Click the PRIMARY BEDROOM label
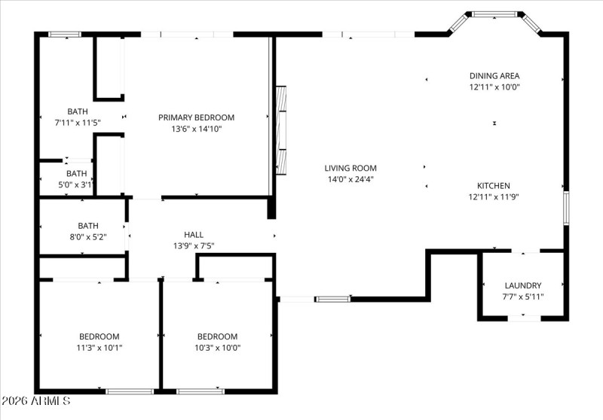click(x=196, y=117)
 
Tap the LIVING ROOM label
click(x=350, y=168)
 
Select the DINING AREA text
click(x=494, y=75)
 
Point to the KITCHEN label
click(x=494, y=185)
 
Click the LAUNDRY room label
click(x=523, y=285)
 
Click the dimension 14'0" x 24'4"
click(x=350, y=179)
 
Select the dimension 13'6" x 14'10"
click(x=196, y=129)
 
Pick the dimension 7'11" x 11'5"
click(x=78, y=122)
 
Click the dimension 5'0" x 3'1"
click(x=77, y=184)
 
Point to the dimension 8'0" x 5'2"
click(x=88, y=236)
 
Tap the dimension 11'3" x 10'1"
click(x=99, y=348)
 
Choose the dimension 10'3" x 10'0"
click(x=217, y=348)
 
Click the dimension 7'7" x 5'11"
click(x=523, y=297)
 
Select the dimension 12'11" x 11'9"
click(x=494, y=196)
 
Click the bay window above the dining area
click(x=494, y=14)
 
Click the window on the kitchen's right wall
click(x=565, y=208)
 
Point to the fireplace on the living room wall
click(x=281, y=129)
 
